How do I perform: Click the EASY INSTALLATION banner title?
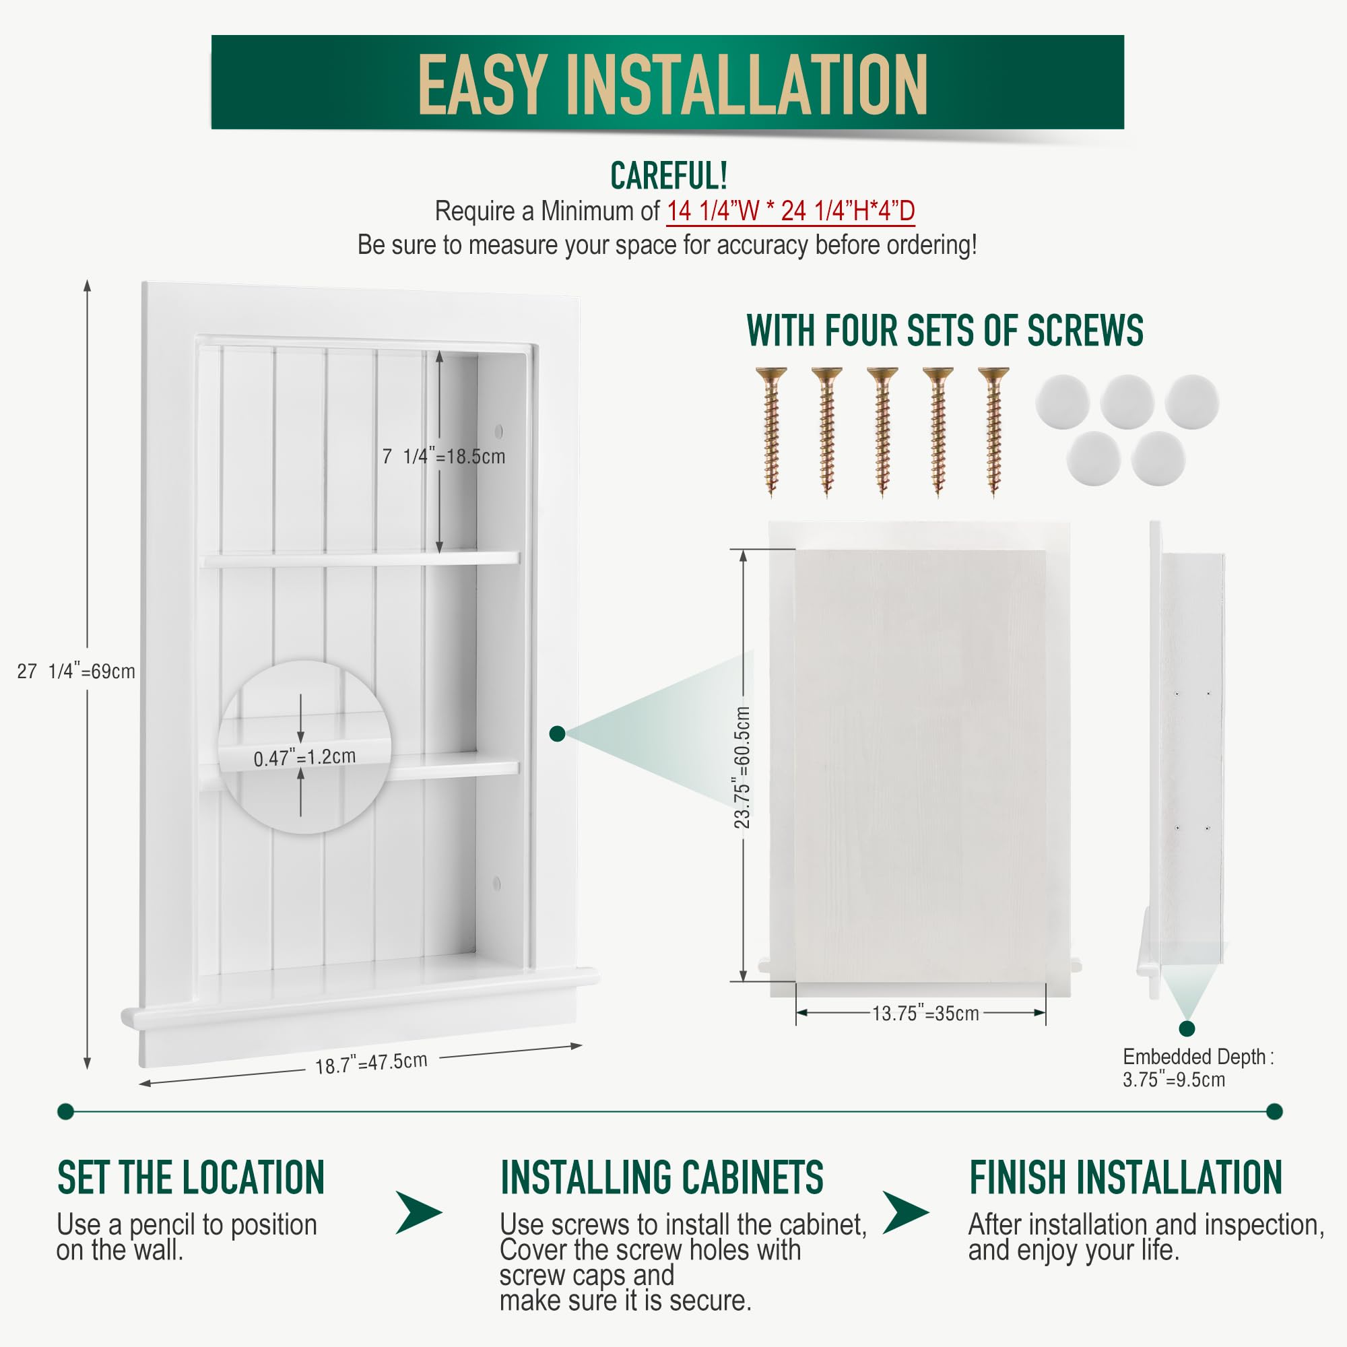pos(672,85)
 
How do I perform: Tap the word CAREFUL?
pos(669,175)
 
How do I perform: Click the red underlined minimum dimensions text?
pos(790,211)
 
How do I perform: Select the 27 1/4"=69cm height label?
pos(76,671)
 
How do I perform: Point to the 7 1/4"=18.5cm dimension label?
pos(443,457)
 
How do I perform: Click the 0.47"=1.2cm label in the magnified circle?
pos(304,757)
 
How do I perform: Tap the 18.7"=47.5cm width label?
pos(371,1063)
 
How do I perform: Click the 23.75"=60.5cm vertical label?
pos(742,768)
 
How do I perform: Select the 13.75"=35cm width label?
pos(925,1013)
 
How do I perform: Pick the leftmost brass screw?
pos(771,430)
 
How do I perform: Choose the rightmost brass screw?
pos(993,430)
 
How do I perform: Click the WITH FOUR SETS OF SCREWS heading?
pos(944,331)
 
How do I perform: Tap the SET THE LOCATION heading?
pos(191,1178)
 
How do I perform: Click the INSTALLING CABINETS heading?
pos(661,1178)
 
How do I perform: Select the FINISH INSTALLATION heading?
pos(1125,1178)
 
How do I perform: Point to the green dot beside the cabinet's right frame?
pos(557,733)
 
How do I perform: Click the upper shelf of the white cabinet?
pos(360,558)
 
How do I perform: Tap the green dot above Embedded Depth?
pos(1187,1028)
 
